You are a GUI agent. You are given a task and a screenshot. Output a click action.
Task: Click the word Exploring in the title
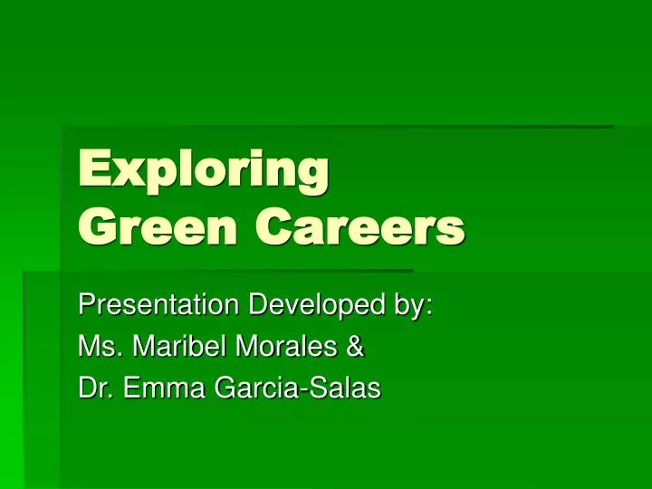tap(204, 170)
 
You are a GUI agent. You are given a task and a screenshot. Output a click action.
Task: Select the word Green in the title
tap(158, 227)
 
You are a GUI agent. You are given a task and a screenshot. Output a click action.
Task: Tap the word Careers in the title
tap(360, 227)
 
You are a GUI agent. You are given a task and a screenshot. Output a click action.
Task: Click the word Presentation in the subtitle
tap(158, 304)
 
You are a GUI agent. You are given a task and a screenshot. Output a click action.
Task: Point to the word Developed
tap(317, 306)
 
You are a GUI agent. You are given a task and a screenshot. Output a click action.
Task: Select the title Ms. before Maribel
tap(101, 346)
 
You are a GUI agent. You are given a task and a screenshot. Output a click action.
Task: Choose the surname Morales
tap(286, 346)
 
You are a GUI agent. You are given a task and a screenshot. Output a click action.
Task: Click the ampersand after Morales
tap(355, 346)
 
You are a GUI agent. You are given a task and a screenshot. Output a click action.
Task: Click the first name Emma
tap(164, 388)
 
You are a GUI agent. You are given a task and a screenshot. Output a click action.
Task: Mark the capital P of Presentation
tap(87, 304)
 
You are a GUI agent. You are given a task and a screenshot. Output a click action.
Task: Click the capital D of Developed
tap(259, 304)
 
